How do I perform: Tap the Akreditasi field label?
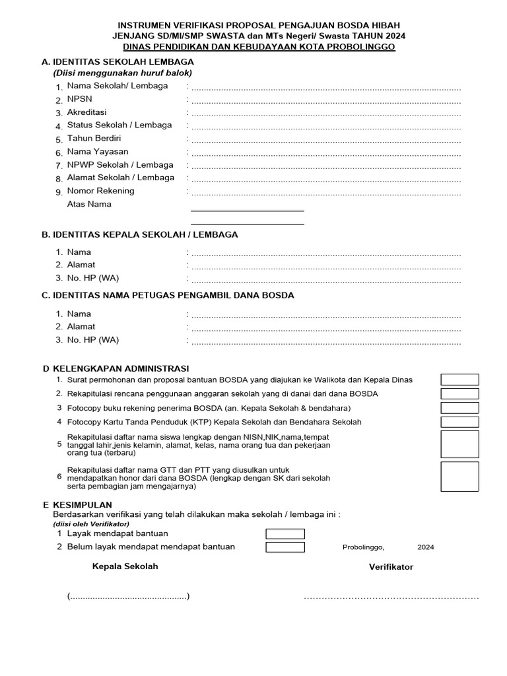tap(86, 112)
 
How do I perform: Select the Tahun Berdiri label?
tap(94, 139)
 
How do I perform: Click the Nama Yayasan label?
tap(98, 152)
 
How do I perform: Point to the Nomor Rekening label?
tap(100, 191)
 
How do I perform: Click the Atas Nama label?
tap(89, 204)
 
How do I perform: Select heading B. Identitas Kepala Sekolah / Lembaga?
tap(140, 234)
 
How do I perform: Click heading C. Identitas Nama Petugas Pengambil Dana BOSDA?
tap(168, 295)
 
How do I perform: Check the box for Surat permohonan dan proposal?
tap(459, 380)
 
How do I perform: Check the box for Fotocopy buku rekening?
tap(459, 408)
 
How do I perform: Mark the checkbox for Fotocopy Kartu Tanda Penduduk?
tap(459, 422)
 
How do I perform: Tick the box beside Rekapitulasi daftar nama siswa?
tap(459, 444)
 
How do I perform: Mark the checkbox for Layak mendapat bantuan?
tap(285, 533)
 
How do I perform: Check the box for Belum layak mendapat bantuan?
tap(285, 547)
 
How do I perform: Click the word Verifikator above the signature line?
tap(391, 567)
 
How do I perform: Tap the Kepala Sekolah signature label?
tap(125, 566)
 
